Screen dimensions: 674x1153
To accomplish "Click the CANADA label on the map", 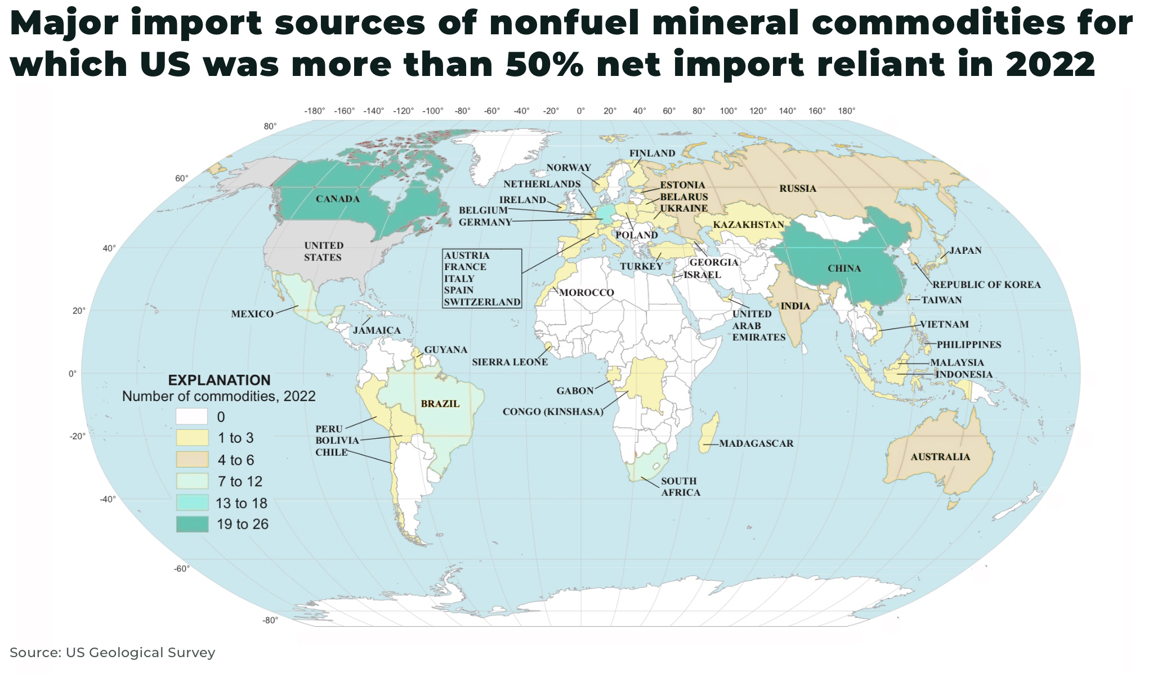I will point(337,199).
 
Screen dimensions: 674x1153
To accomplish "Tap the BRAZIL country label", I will point(440,404).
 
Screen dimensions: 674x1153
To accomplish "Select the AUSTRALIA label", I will point(940,457).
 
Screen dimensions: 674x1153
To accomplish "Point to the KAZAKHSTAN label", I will point(748,225).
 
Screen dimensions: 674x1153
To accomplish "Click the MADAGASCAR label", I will point(756,444).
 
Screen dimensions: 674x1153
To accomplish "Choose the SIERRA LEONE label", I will point(510,362).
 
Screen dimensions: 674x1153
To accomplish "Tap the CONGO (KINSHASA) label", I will point(553,412).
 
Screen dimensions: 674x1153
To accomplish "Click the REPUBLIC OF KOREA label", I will point(986,285).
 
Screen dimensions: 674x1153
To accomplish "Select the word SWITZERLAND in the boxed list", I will point(482,302).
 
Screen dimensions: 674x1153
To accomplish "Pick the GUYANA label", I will point(445,350).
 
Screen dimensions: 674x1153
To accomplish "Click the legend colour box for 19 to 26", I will point(192,524).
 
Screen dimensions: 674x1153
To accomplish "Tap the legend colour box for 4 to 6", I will point(192,460).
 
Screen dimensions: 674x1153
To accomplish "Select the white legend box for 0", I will point(192,417).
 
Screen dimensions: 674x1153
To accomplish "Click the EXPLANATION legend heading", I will point(219,380).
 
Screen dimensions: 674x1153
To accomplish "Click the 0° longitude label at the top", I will point(580,111).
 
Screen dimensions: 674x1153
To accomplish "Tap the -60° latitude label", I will point(181,569).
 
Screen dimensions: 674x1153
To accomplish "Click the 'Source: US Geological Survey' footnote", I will point(113,653).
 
